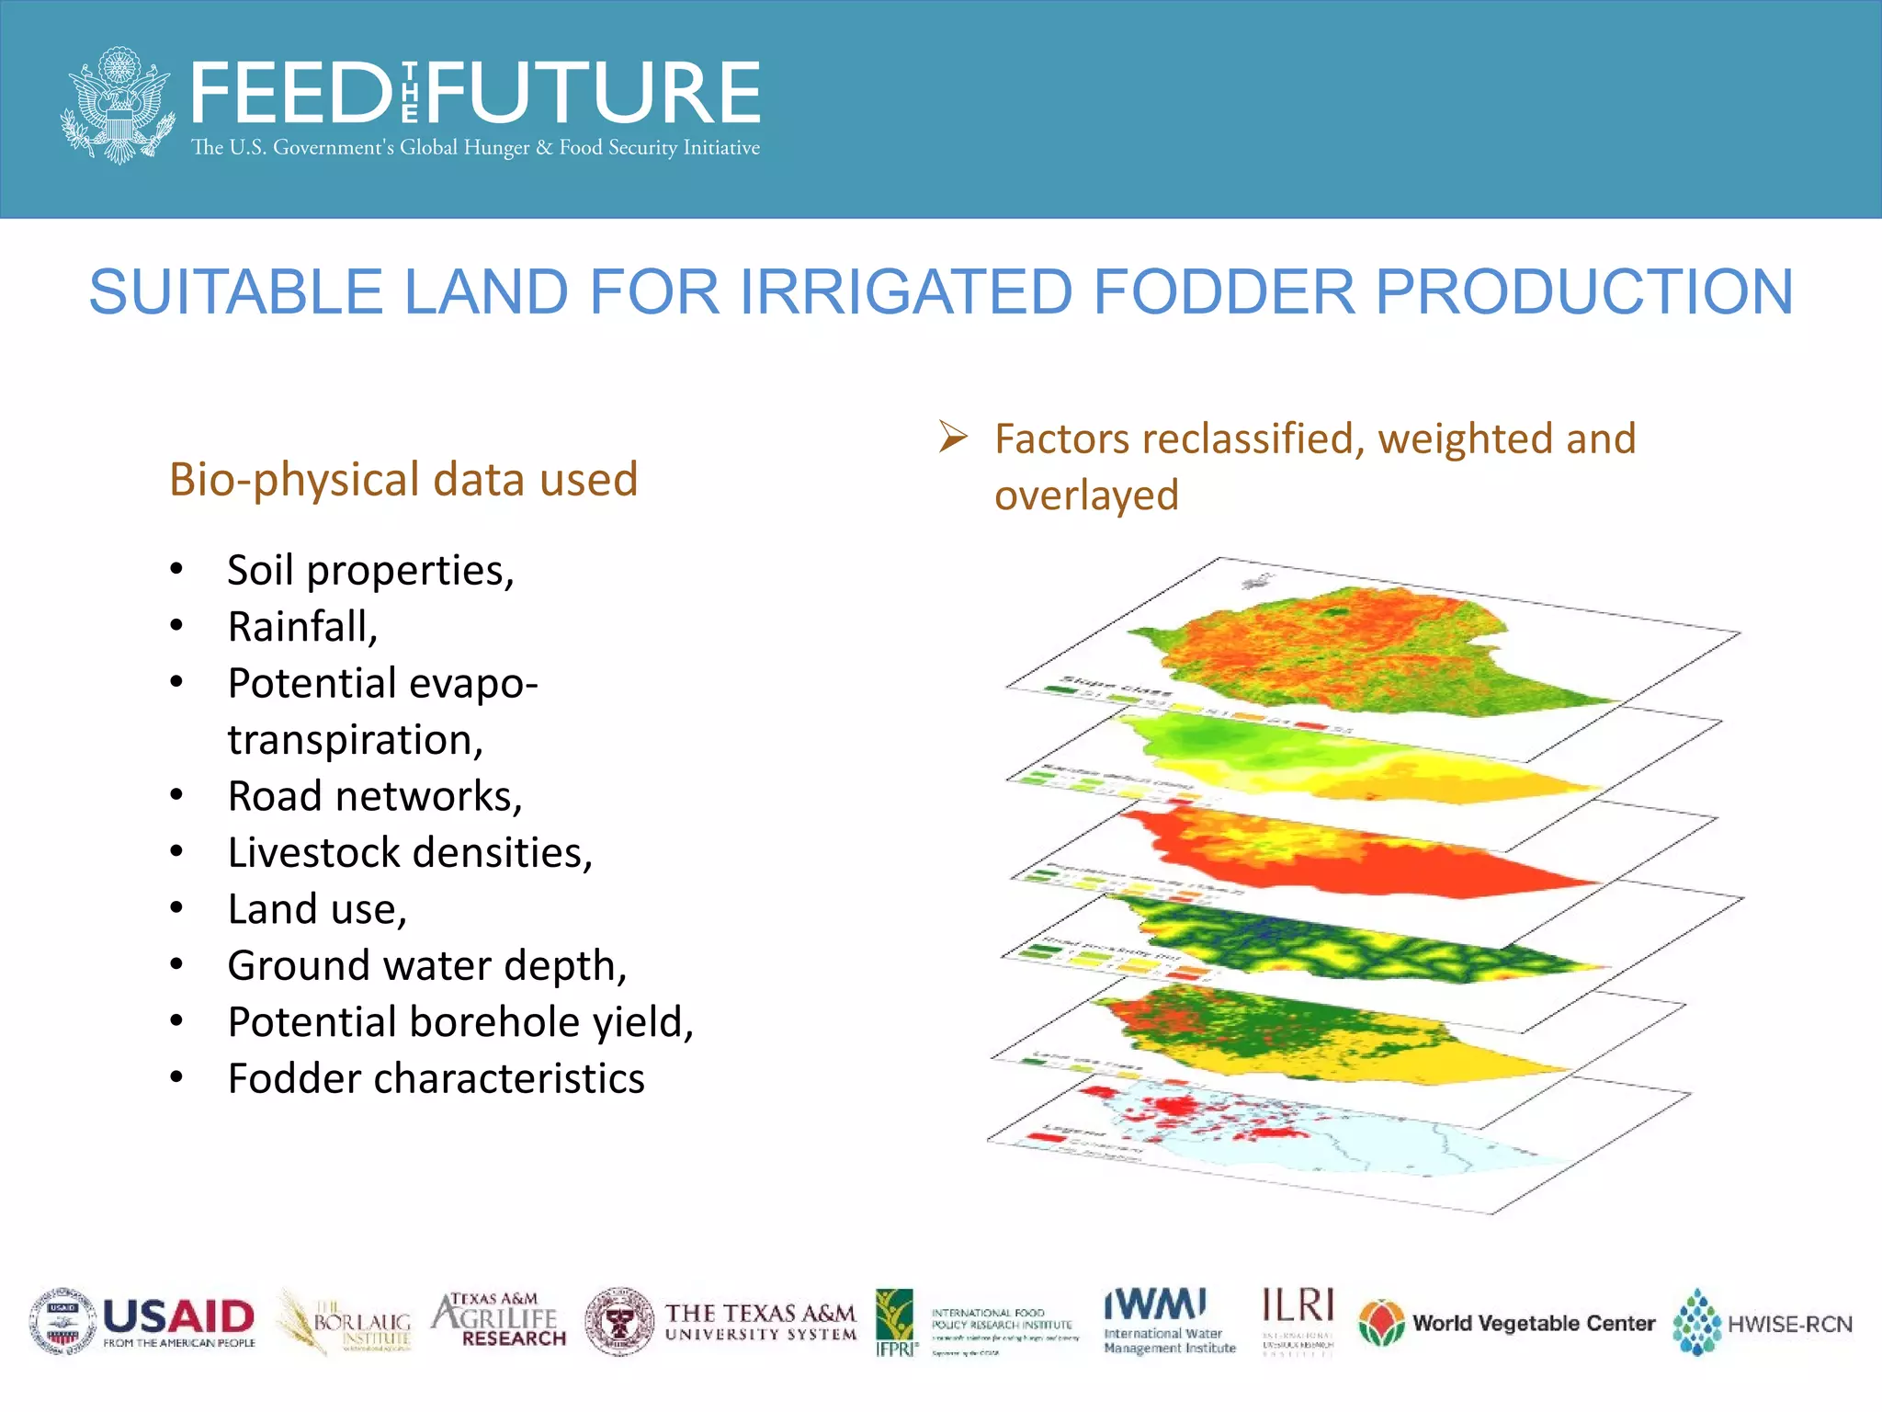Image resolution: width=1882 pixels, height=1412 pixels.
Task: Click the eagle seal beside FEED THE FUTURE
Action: pyautogui.click(x=118, y=105)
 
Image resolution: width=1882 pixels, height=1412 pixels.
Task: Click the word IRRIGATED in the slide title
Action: pyautogui.click(x=906, y=292)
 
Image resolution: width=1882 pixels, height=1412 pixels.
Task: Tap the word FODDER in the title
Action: pyautogui.click(x=1223, y=292)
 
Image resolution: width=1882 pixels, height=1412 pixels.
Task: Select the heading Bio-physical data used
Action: pyautogui.click(x=403, y=480)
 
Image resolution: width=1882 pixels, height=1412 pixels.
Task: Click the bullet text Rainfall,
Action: pyautogui.click(x=302, y=627)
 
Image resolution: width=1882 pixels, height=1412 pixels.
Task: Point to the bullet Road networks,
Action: pyautogui.click(x=375, y=796)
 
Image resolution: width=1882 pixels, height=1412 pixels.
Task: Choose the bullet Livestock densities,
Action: pyautogui.click(x=410, y=853)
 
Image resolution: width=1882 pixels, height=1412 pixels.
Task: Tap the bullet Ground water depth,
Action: pyautogui.click(x=427, y=966)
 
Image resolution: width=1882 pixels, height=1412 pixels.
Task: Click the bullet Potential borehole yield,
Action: pyautogui.click(x=460, y=1022)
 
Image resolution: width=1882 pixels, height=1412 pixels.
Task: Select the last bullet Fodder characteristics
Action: pyautogui.click(x=436, y=1079)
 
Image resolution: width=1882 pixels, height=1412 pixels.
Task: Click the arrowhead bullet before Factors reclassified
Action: pyautogui.click(x=953, y=437)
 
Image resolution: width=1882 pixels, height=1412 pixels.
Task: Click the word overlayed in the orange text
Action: pyautogui.click(x=1086, y=495)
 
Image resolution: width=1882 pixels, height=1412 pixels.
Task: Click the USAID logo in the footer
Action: pyautogui.click(x=143, y=1322)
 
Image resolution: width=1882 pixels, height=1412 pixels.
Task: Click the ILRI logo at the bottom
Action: pyautogui.click(x=1298, y=1320)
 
